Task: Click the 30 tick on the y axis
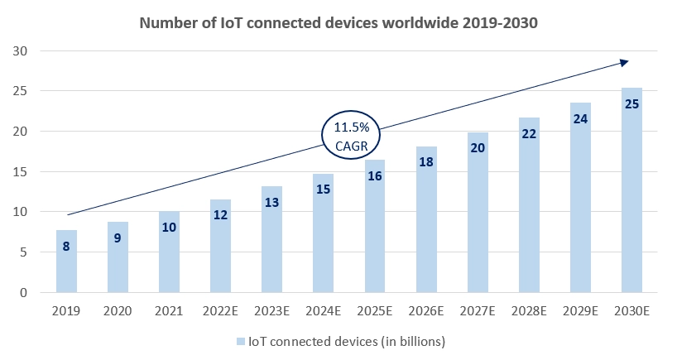[x=21, y=51]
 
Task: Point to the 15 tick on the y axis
[x=21, y=172]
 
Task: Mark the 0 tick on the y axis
[x=24, y=293]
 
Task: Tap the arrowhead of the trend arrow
[x=624, y=62]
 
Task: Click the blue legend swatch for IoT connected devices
[x=240, y=340]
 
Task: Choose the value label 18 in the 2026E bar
[x=425, y=163]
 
